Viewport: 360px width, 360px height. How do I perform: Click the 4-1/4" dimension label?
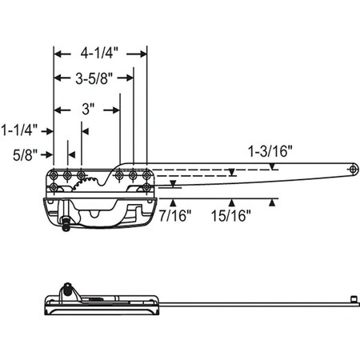pos(100,54)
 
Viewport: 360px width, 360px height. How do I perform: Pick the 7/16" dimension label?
pos(174,215)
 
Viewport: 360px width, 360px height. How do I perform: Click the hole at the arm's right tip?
pos(354,170)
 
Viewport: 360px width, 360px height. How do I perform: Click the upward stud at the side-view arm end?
pos(352,297)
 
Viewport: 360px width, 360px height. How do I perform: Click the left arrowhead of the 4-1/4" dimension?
pos(58,54)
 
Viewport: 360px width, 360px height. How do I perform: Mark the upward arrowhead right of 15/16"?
pos(274,202)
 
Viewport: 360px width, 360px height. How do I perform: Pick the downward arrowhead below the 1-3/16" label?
pos(274,167)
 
